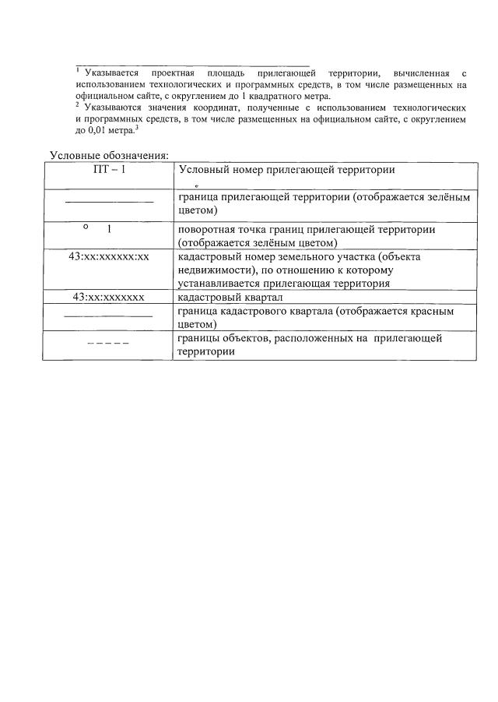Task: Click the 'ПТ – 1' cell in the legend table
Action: [109, 171]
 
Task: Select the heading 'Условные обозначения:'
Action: [109, 155]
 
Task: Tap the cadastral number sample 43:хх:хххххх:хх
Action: [109, 256]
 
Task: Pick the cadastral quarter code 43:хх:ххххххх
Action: [109, 298]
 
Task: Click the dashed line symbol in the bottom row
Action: [108, 342]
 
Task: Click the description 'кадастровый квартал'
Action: [230, 298]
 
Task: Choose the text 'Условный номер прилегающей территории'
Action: [286, 171]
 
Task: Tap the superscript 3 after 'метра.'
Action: [137, 127]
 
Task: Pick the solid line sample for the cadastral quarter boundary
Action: [108, 316]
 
